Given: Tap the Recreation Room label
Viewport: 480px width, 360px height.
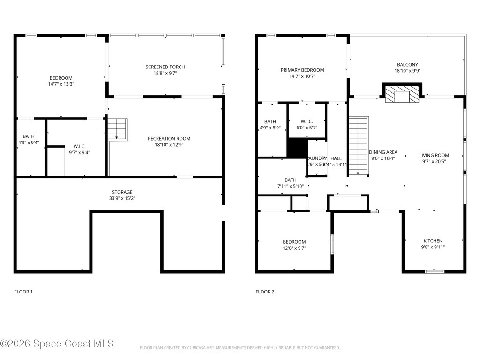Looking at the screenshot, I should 169,139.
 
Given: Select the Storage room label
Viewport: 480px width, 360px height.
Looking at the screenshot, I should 122,192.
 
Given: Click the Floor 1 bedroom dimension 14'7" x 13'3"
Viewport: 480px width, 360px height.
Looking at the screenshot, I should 61,84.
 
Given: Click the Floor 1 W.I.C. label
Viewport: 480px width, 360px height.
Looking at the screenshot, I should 79,146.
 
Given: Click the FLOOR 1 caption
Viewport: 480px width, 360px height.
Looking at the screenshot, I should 23,292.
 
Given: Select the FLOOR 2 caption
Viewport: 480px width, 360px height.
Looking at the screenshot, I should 265,292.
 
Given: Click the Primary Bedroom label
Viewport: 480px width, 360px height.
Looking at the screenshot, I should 302,70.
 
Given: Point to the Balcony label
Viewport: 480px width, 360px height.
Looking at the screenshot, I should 407,65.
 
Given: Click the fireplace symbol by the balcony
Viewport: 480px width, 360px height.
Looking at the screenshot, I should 402,93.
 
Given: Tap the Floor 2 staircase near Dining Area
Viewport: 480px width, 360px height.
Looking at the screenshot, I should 359,145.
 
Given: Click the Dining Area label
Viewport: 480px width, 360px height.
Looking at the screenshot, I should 383,152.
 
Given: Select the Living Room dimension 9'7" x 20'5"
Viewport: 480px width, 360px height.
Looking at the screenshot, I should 434,162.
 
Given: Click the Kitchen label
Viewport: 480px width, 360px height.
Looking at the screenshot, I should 433,241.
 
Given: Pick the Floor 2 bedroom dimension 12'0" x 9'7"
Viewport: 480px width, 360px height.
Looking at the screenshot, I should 294,248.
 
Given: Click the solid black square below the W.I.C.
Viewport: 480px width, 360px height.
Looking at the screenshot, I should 297,148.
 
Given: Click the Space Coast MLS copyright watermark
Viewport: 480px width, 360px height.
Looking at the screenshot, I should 57,344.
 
